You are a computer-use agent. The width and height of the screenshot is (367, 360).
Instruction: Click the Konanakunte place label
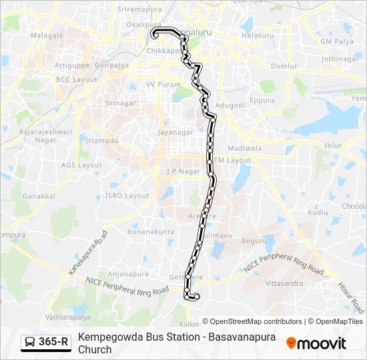[x=151, y=231]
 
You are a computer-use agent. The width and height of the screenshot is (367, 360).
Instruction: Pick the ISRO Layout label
[x=127, y=195]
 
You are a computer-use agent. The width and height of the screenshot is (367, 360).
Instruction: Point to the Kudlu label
[x=319, y=212]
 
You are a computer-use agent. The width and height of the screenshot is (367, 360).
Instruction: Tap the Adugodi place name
[x=230, y=105]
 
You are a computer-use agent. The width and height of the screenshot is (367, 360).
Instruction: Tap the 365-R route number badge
[x=53, y=343]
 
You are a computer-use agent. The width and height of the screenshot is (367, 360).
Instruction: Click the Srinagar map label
[x=121, y=103]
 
